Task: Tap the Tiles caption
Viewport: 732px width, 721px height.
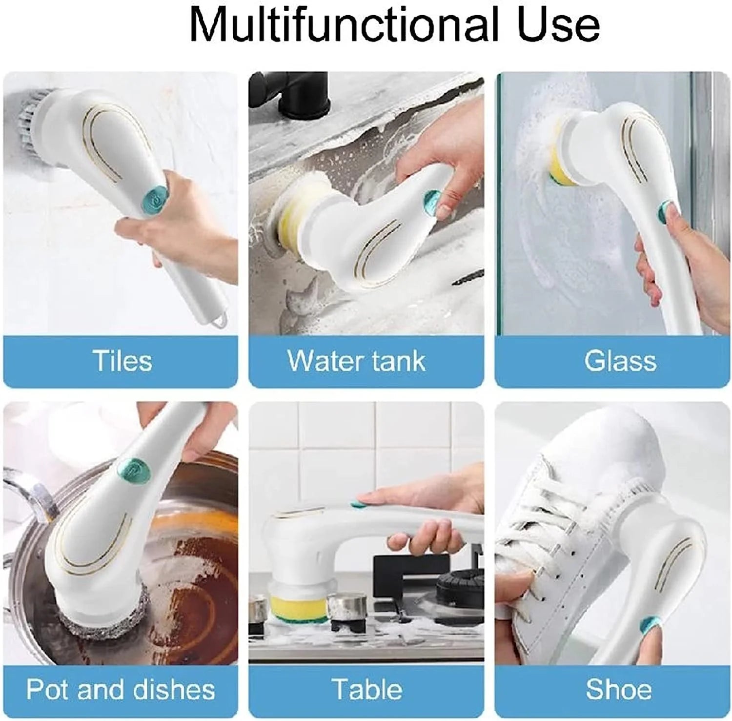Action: pos(122,361)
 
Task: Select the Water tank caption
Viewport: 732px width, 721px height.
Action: pos(356,361)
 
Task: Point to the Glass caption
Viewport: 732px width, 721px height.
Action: pos(620,361)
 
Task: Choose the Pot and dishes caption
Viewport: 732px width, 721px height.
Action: pos(121,689)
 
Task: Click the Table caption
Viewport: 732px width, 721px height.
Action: pos(367,689)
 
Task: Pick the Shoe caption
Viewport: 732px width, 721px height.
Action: pos(619,689)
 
